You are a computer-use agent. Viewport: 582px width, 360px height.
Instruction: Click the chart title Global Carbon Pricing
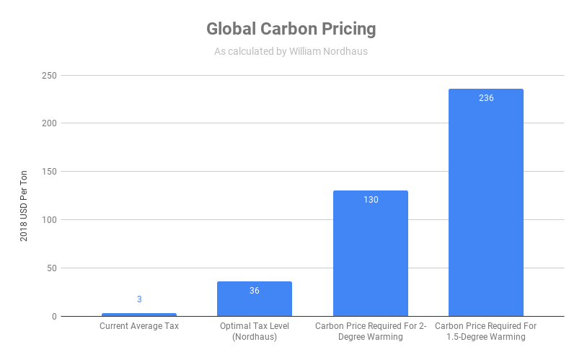[x=291, y=29]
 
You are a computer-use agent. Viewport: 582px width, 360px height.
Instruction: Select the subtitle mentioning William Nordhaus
[x=291, y=51]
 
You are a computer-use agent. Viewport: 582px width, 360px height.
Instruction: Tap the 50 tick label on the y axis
[x=51, y=268]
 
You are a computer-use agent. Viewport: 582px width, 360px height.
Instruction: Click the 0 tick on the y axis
[x=54, y=317]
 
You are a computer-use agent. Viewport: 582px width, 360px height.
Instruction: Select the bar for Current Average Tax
[x=139, y=315]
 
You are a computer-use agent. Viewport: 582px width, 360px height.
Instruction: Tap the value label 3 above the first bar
[x=139, y=299]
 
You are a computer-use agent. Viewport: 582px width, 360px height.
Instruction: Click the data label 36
[x=255, y=291]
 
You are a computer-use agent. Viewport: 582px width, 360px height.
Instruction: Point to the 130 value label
[x=371, y=200]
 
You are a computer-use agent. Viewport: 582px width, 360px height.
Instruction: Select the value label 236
[x=486, y=98]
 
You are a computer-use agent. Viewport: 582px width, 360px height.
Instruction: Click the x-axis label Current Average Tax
[x=139, y=326]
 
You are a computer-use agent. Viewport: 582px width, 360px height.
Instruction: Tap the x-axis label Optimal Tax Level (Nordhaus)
[x=255, y=331]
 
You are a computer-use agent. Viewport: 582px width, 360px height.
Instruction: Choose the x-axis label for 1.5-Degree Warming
[x=486, y=331]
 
